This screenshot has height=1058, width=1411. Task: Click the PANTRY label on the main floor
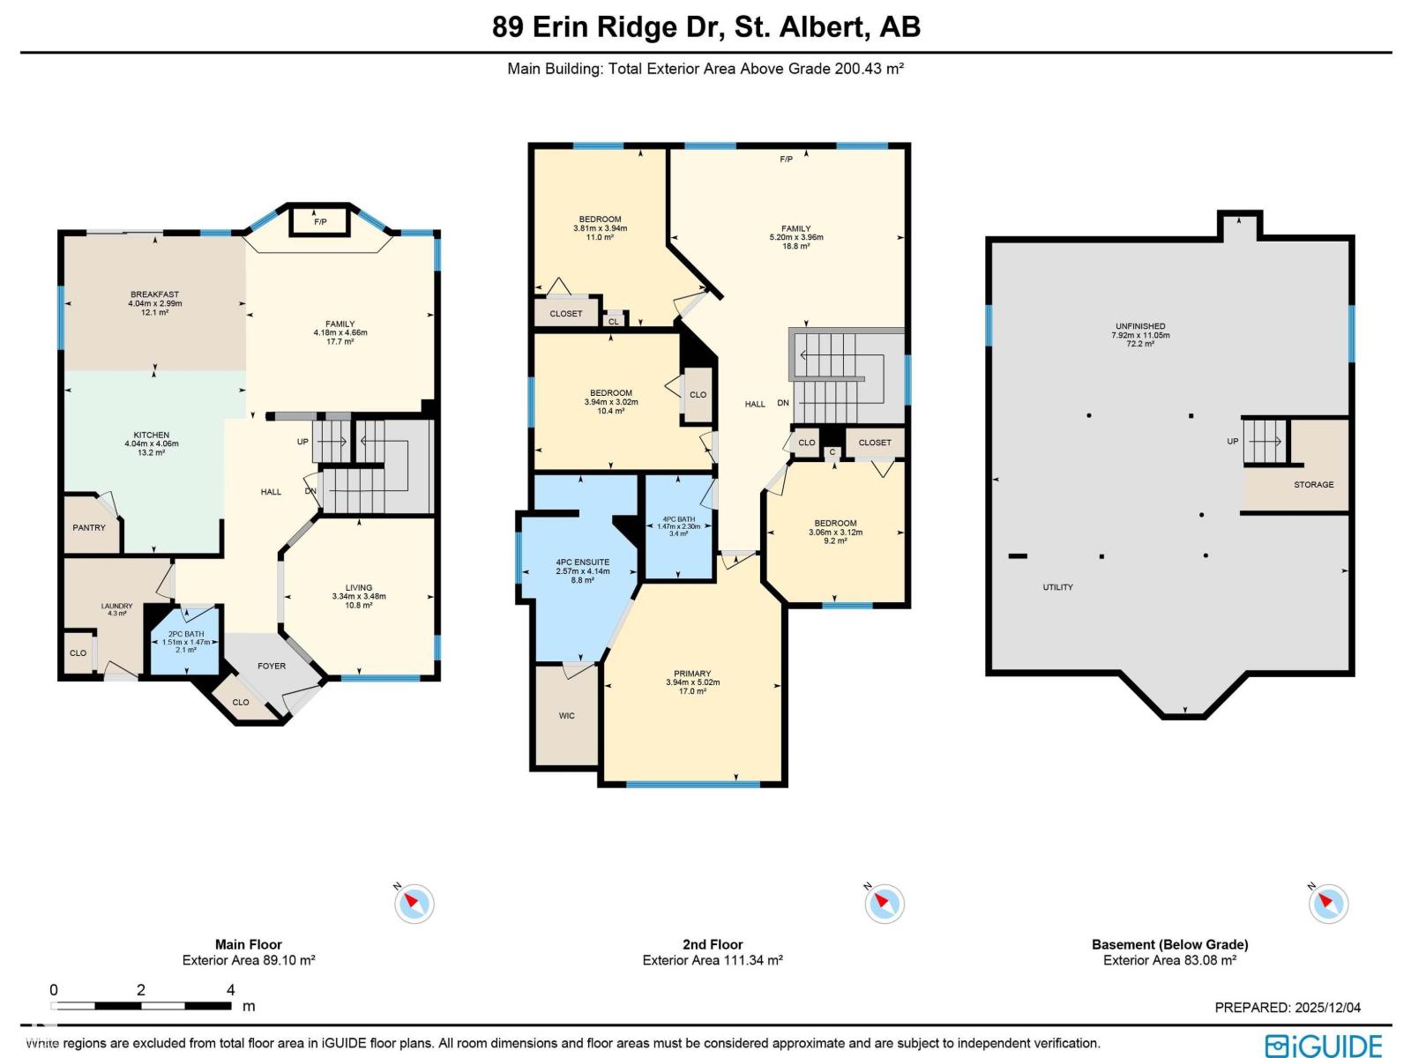tap(89, 527)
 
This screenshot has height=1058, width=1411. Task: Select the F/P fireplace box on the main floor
tap(320, 222)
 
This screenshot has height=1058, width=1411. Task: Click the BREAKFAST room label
tap(154, 295)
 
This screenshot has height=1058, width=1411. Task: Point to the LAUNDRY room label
tap(116, 607)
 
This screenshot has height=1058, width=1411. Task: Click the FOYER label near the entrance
tap(272, 666)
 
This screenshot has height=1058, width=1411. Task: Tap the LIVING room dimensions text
tap(359, 597)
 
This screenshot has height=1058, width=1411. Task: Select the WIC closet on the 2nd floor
tap(567, 715)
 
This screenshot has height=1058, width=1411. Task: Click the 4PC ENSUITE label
tap(582, 563)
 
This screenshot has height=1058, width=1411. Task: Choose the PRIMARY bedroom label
tap(692, 674)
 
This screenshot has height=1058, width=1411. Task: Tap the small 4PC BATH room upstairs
tap(678, 527)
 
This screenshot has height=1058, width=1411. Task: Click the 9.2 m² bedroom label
tap(835, 532)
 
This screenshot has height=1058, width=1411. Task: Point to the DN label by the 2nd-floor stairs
tap(783, 403)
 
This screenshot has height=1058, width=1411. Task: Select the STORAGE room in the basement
tap(1313, 484)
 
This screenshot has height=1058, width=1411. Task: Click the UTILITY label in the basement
tap(1057, 587)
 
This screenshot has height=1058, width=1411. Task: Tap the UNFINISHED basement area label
tap(1140, 327)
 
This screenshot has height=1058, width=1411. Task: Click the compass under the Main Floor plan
tap(414, 903)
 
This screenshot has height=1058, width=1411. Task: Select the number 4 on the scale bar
tap(231, 989)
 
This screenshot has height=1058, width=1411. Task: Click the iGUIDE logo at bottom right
tap(1324, 1046)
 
